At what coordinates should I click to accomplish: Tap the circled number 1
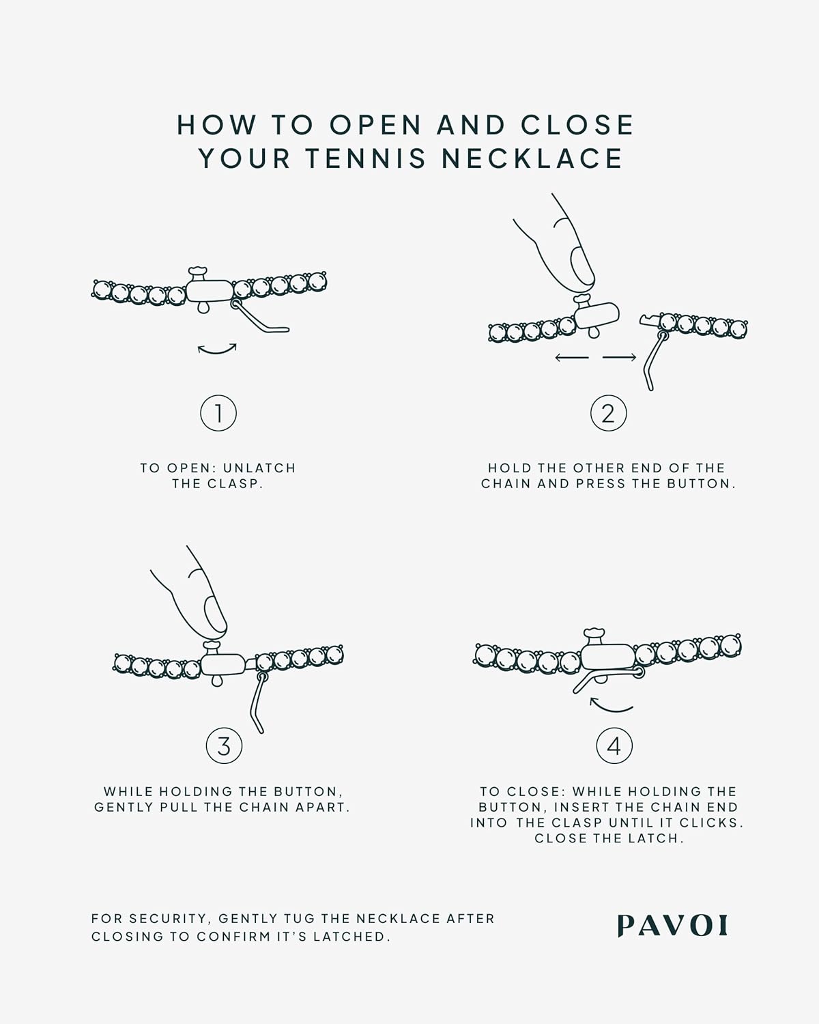click(x=218, y=413)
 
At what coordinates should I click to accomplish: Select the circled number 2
click(x=609, y=413)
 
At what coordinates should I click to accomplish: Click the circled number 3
click(x=224, y=745)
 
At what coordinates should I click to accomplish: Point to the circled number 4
click(x=614, y=745)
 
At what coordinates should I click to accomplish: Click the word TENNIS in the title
click(x=366, y=158)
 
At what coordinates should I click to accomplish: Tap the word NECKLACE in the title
click(x=532, y=158)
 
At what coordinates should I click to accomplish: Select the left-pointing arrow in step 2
click(x=571, y=357)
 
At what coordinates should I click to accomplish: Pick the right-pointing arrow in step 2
click(x=620, y=357)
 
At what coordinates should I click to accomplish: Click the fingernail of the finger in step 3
click(x=215, y=614)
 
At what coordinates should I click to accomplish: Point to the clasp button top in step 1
click(x=197, y=272)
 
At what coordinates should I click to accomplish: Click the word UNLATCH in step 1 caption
click(x=259, y=468)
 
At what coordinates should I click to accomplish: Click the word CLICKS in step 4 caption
click(x=711, y=823)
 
